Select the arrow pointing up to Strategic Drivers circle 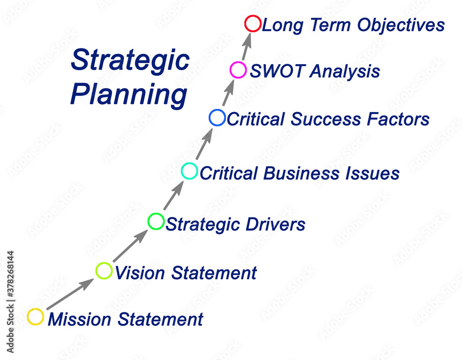point(130,246)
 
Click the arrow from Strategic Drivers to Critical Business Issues point(174,195)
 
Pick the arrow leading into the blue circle point(204,144)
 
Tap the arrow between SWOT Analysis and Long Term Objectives point(247,47)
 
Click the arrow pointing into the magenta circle point(228,92)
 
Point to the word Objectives point(401,25)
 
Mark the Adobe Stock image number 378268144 point(10,275)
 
